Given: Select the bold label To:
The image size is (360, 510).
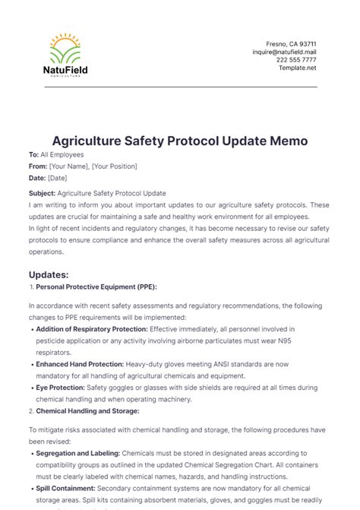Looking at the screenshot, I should coord(33,154).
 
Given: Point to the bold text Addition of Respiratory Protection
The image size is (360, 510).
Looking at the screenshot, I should coord(92,328).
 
